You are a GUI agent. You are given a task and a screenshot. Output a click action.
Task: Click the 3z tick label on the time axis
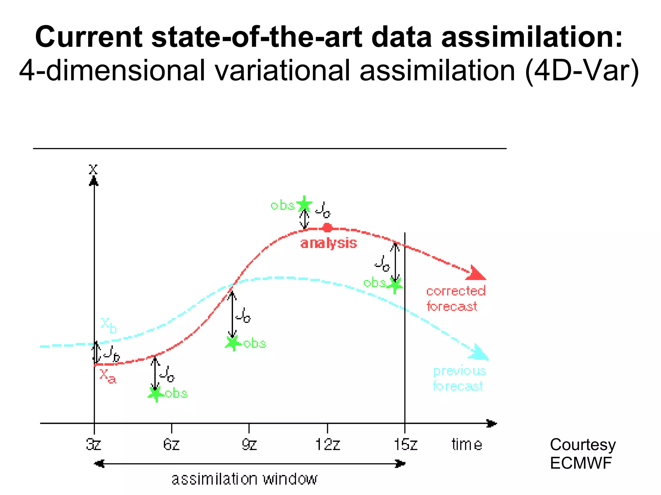(x=94, y=445)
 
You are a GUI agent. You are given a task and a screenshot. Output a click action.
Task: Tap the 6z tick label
(x=171, y=445)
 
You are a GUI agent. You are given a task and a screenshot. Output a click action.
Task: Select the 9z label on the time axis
(x=249, y=445)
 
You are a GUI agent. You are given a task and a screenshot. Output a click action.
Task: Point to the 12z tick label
(x=328, y=445)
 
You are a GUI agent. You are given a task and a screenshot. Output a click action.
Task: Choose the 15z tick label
(x=406, y=445)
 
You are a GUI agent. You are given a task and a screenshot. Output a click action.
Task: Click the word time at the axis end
(x=467, y=445)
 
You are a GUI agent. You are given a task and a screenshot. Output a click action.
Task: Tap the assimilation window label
(x=244, y=479)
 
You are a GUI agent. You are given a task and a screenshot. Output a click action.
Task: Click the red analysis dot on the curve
(x=328, y=228)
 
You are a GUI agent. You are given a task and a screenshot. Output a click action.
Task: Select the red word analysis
(x=329, y=243)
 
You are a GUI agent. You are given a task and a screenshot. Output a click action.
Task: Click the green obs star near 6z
(x=156, y=393)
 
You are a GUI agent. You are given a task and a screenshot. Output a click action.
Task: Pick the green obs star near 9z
(x=233, y=343)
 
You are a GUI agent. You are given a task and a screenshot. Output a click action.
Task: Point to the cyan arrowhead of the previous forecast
(x=479, y=353)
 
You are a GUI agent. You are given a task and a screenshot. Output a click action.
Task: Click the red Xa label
(x=107, y=376)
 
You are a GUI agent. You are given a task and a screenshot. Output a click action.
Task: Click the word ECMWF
(x=581, y=463)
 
